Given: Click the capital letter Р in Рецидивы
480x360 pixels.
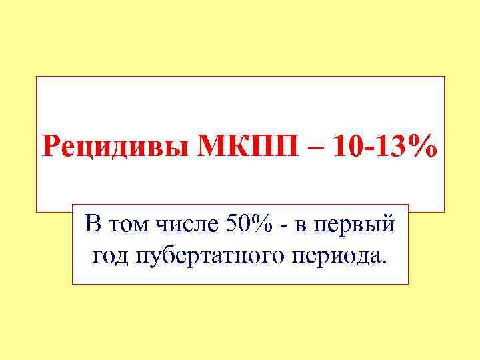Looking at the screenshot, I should click(x=51, y=145).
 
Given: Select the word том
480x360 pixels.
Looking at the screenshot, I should click(x=126, y=226).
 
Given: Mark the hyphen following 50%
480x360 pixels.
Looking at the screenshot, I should click(x=284, y=228).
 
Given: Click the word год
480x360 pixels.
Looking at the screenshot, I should click(x=109, y=255).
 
